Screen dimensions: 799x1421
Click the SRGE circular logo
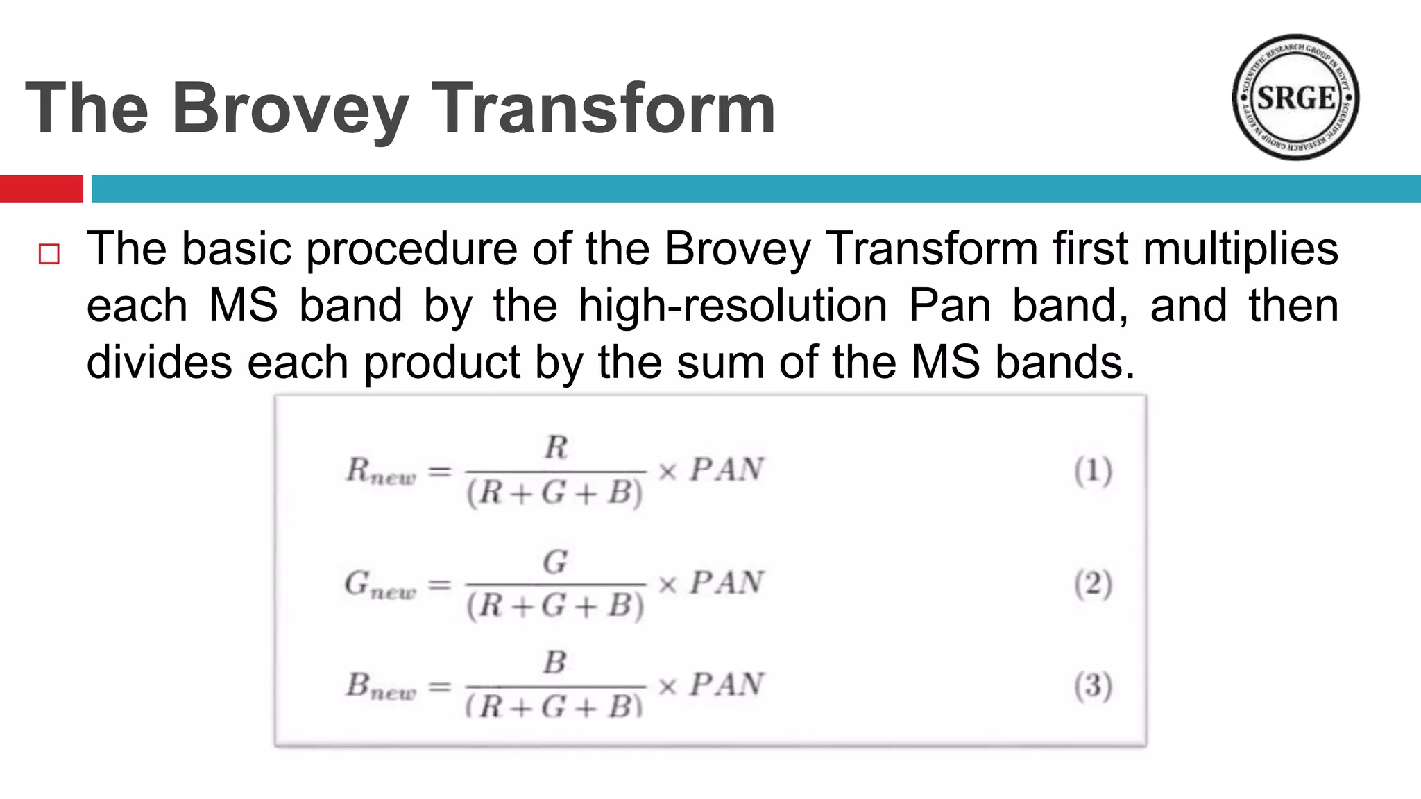[x=1295, y=97]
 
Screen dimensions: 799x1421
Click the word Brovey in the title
[x=290, y=110]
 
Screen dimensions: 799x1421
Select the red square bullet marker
[x=49, y=255]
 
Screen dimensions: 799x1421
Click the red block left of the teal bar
[x=41, y=189]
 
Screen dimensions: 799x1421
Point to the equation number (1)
[x=1093, y=471]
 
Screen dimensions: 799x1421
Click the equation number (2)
[x=1093, y=584]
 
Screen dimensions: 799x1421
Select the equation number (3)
[x=1093, y=686]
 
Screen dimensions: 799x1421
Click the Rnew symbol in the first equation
[x=381, y=472]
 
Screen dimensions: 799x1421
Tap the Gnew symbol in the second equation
[x=380, y=585]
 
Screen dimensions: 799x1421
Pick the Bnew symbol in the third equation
[x=381, y=687]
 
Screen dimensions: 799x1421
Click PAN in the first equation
[x=726, y=470]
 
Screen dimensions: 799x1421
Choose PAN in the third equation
[x=726, y=685]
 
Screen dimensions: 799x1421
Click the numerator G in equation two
[x=555, y=562]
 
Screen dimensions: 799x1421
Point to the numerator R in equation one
[x=556, y=447]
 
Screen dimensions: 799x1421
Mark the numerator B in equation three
[x=555, y=663]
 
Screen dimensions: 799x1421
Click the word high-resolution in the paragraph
[x=733, y=305]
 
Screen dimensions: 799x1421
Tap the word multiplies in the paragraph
[x=1241, y=248]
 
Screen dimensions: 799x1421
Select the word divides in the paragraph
[x=159, y=362]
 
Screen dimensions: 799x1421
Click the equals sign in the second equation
[x=439, y=585]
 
